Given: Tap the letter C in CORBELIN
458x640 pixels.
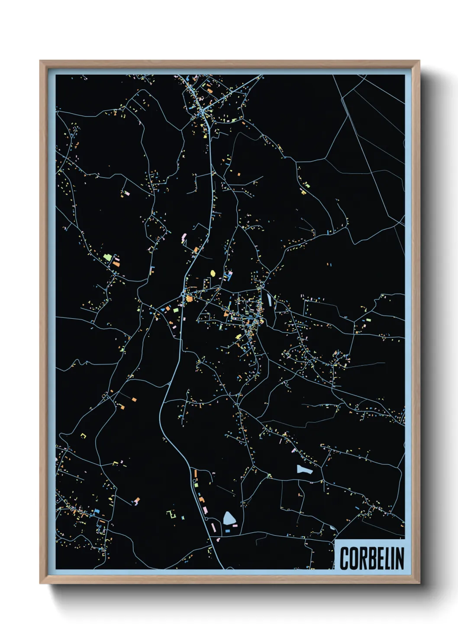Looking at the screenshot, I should pyautogui.click(x=344, y=558).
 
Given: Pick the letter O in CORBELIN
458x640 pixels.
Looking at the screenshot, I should pyautogui.click(x=352, y=558).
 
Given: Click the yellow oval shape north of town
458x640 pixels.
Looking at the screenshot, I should pyautogui.click(x=213, y=273).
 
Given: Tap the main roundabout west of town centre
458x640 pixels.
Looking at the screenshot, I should pyautogui.click(x=183, y=294).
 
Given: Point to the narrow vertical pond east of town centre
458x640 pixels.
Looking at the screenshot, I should pyautogui.click(x=269, y=299).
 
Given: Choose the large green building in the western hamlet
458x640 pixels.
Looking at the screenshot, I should pyautogui.click(x=108, y=258).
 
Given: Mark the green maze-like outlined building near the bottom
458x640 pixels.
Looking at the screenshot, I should pyautogui.click(x=171, y=515).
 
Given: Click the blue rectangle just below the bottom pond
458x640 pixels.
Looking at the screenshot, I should pyautogui.click(x=227, y=530).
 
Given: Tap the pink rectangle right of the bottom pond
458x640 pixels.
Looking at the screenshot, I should pyautogui.click(x=235, y=525).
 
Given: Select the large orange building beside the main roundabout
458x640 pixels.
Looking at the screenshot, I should pyautogui.click(x=189, y=299).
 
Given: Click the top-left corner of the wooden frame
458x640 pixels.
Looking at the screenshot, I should pyautogui.click(x=40, y=61).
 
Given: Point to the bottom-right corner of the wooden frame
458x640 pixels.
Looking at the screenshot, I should pyautogui.click(x=419, y=583).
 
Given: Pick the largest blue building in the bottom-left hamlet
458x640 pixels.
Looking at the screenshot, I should pyautogui.click(x=97, y=511).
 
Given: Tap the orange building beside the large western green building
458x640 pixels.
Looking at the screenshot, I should pyautogui.click(x=116, y=262).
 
